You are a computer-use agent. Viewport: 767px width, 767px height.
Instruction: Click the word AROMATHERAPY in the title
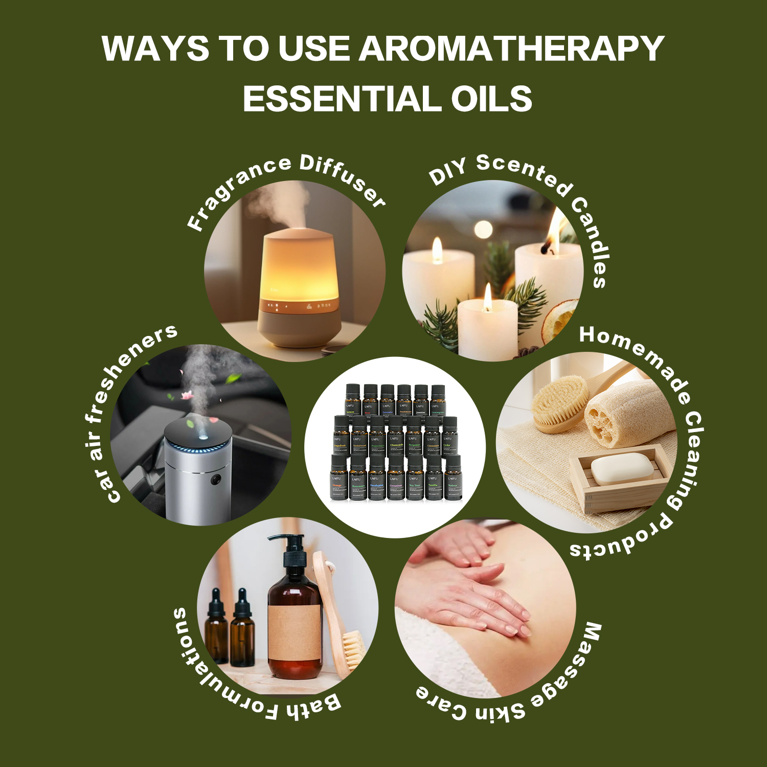point(511,49)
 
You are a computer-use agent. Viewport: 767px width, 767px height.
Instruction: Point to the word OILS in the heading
point(491,99)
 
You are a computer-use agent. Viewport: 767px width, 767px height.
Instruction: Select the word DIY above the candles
point(447,172)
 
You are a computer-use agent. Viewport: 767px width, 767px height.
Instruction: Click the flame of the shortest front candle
point(488,297)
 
